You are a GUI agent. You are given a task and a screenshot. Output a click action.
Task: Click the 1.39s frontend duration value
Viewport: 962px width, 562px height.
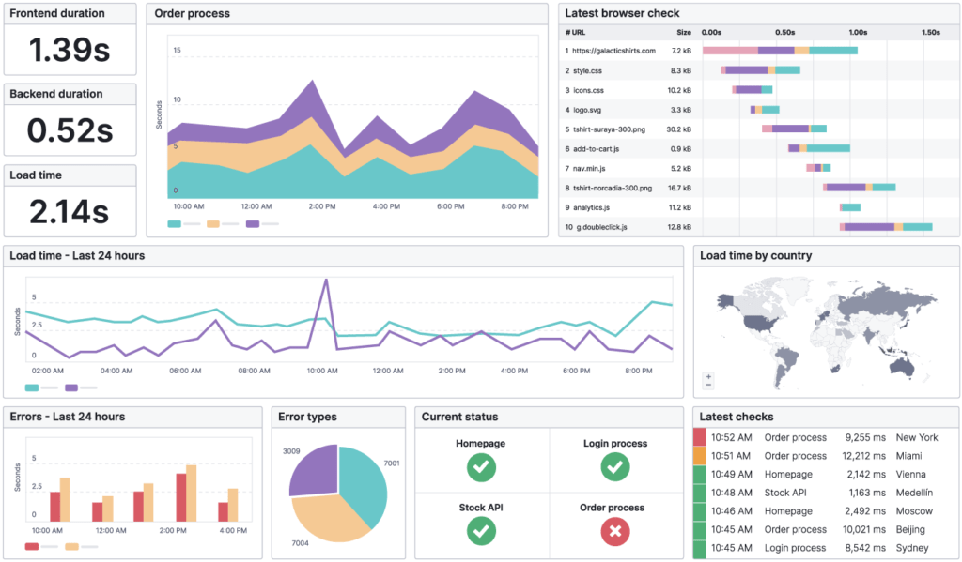(70, 50)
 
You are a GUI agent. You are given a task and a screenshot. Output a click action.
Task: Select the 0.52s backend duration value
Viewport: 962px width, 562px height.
(70, 130)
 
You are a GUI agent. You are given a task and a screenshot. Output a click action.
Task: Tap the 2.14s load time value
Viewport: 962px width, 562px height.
(70, 212)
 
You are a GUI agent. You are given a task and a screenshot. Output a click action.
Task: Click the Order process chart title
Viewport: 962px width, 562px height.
(192, 14)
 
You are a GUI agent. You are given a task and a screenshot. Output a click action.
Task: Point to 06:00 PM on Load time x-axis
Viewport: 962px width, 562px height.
(576, 371)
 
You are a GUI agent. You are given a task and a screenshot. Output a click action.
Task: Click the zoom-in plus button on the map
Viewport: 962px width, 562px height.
(708, 376)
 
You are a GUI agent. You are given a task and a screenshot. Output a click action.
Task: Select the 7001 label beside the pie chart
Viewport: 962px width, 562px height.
(392, 463)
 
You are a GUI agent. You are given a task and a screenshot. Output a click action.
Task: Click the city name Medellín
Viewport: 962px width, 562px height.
(916, 493)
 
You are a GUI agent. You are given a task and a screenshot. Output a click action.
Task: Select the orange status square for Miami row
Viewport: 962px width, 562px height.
(699, 456)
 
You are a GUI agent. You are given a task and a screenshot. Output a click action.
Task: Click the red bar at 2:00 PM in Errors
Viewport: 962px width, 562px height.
(180, 496)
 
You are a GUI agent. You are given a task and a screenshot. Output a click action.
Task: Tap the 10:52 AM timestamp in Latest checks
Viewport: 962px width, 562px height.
(731, 437)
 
